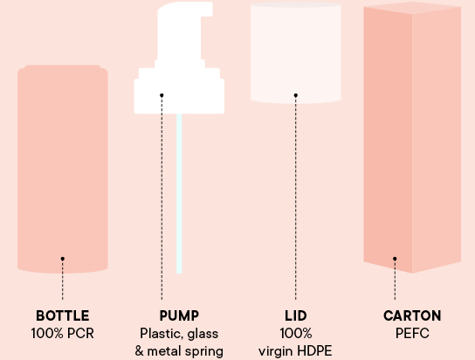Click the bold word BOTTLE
point(63,315)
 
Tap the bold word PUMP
point(179,315)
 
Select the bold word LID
point(296,315)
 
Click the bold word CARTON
point(412,315)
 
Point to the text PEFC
point(412,333)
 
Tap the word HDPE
point(314,351)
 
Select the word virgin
point(276,352)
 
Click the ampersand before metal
point(139,351)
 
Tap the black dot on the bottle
point(62,259)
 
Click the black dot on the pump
point(162,95)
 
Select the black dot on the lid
point(296,95)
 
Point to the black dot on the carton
point(395,259)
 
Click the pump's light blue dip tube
point(179,194)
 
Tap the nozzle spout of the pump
point(207,10)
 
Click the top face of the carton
point(413,8)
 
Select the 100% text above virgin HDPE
point(296,333)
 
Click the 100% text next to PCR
point(47,333)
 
